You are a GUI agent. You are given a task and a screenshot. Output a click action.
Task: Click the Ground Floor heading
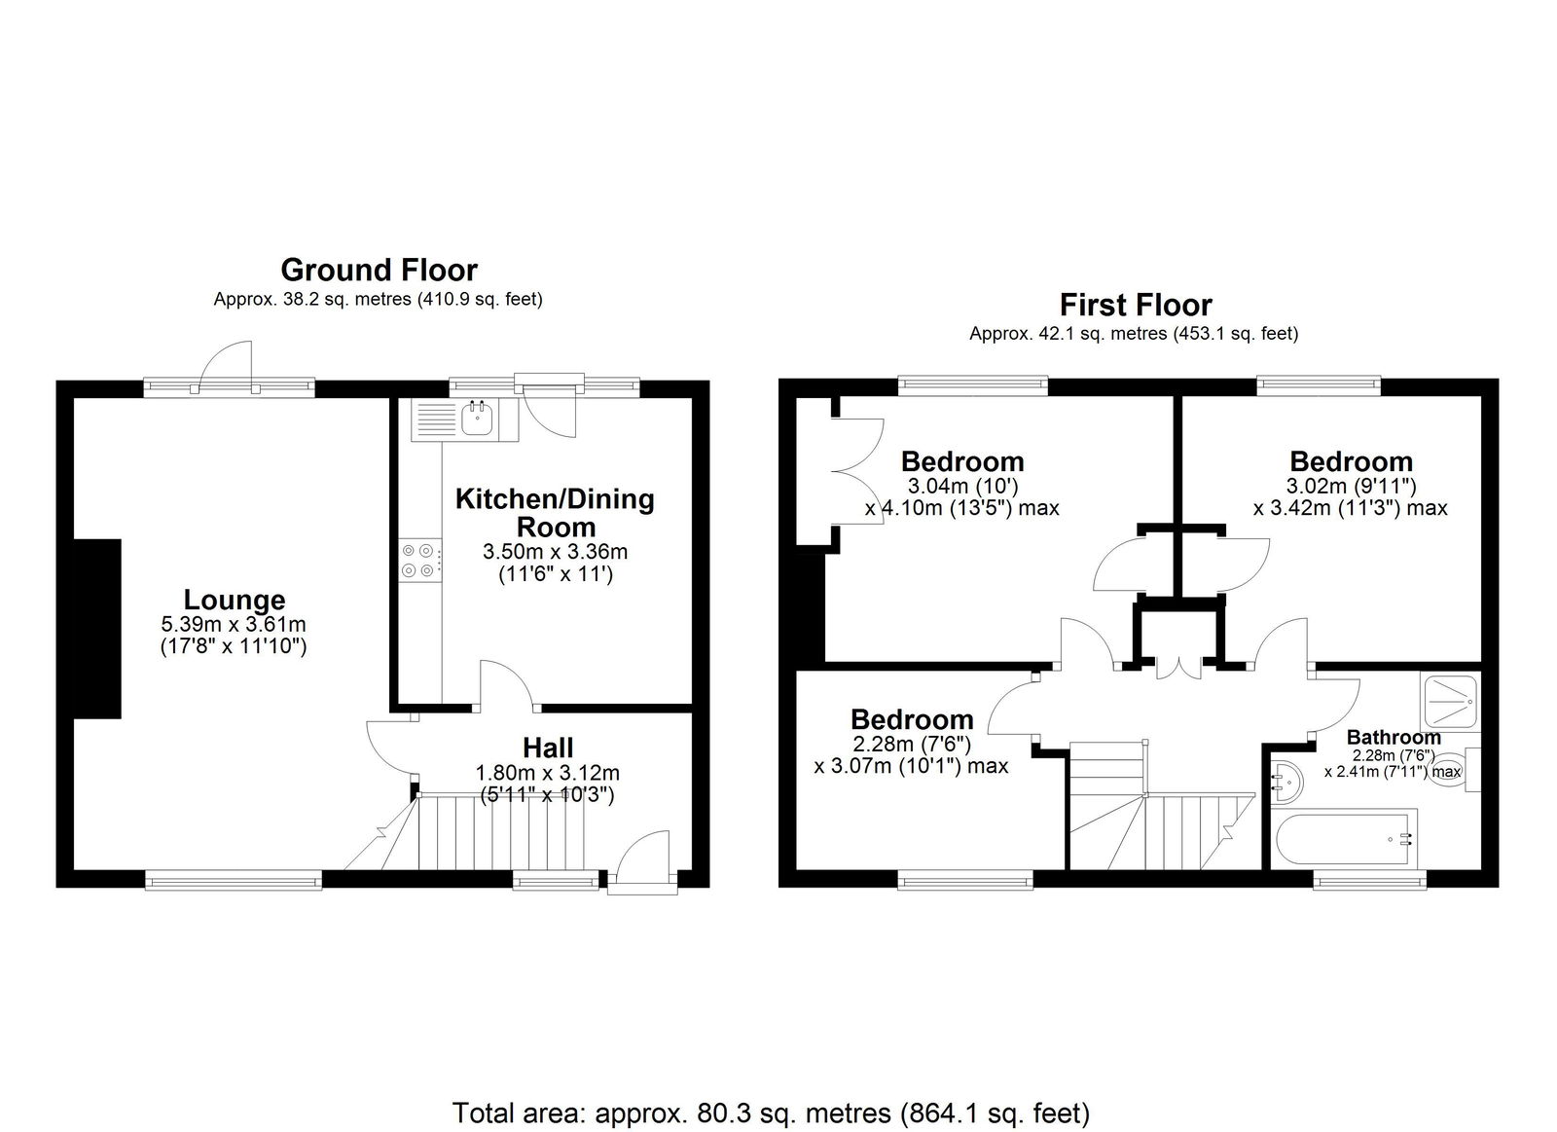click(379, 270)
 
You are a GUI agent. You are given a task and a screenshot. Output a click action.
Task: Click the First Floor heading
click(1136, 305)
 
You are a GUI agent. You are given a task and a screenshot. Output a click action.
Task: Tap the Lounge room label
click(235, 600)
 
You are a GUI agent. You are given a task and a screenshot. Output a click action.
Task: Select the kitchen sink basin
click(478, 420)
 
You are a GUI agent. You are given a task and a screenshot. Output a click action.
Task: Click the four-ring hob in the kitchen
click(420, 561)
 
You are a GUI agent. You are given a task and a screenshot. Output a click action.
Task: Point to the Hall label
click(548, 748)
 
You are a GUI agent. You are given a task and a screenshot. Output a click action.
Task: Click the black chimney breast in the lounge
click(97, 629)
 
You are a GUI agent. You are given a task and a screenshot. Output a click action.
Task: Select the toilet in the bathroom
click(1455, 770)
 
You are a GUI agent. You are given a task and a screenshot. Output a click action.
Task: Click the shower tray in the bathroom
click(1451, 701)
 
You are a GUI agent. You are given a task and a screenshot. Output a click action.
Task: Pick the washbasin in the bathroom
click(1286, 783)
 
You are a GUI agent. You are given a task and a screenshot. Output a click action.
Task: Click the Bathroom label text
click(1393, 737)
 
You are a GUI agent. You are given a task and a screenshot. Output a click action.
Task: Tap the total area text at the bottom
click(771, 1075)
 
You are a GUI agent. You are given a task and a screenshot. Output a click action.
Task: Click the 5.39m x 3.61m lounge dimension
click(234, 624)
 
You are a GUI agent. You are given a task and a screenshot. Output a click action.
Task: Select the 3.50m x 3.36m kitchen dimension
click(556, 551)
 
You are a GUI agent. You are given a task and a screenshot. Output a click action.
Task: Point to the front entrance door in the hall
click(643, 858)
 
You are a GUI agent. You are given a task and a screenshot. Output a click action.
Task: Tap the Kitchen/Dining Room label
click(555, 512)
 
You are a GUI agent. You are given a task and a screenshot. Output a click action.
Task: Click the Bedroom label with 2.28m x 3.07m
click(911, 719)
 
